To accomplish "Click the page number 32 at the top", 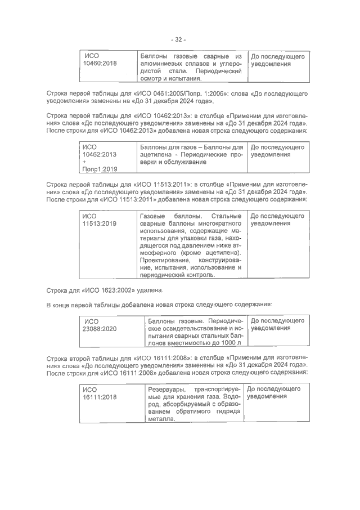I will coord(179,39).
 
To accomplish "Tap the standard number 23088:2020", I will coord(100,329).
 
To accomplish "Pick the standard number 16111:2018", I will coord(100,397).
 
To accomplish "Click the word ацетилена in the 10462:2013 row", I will coord(156,154).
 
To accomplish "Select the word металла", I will coord(159,426).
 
